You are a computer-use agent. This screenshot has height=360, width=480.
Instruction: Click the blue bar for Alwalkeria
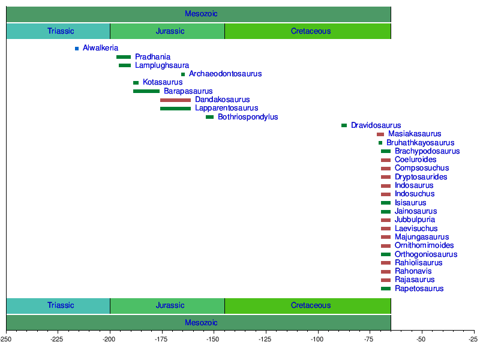point(77,49)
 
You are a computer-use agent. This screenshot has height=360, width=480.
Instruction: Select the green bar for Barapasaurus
point(146,91)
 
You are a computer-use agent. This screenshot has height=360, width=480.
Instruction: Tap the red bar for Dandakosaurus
point(175,100)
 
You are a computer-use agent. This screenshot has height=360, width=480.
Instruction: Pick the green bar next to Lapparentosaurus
point(175,109)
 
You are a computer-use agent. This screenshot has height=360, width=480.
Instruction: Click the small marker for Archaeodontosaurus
point(183,74)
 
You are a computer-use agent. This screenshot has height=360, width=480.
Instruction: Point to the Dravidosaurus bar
point(344,125)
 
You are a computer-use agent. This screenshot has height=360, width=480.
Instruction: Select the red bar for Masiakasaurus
point(380,134)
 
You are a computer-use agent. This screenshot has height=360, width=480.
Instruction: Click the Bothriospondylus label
point(248,117)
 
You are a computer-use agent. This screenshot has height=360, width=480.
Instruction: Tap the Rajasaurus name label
point(415,280)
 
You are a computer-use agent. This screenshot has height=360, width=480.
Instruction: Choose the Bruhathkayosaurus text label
point(420,143)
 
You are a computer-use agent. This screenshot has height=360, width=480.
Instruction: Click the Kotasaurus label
point(163,82)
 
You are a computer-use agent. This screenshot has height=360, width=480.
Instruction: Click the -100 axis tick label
point(317,340)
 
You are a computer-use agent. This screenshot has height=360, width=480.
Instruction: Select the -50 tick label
point(421,340)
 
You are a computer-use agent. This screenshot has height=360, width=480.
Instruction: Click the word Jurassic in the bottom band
point(170,305)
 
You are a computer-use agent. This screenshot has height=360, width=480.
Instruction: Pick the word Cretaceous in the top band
point(311,31)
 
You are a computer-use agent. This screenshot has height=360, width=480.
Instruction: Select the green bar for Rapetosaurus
point(385,289)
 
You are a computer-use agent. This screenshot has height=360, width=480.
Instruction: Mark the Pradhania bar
point(124,57)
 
